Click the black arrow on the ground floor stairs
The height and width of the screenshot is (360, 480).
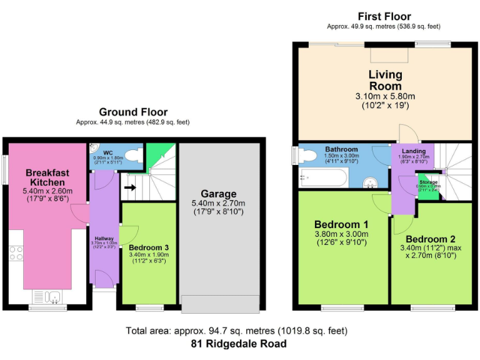[x=130, y=186]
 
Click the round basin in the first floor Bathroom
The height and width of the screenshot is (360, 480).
[x=371, y=182]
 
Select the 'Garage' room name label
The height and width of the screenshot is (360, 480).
[x=218, y=194]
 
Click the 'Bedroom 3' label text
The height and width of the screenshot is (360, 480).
[x=148, y=247]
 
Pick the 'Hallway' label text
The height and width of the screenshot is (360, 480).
[x=104, y=238]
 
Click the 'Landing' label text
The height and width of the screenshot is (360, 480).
[x=413, y=151]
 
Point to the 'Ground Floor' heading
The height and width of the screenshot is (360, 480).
[x=132, y=112]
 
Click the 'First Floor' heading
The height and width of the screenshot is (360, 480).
[x=384, y=16]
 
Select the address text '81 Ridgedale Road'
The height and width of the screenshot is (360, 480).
[x=239, y=344]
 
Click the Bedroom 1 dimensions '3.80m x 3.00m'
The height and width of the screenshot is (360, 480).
[x=341, y=234]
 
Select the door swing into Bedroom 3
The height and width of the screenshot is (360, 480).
[x=127, y=235]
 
